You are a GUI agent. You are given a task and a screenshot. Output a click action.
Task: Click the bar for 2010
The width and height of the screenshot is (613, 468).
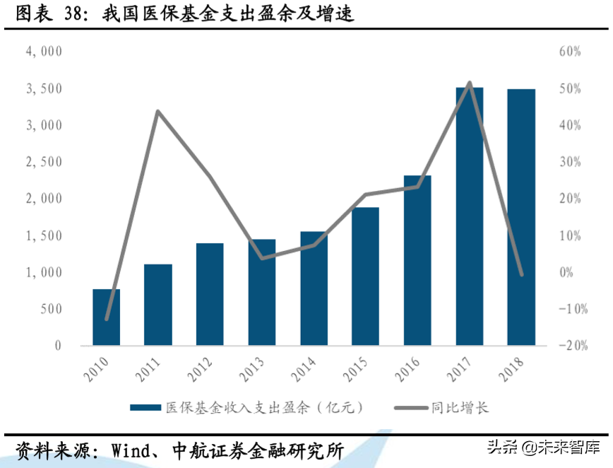(106, 317)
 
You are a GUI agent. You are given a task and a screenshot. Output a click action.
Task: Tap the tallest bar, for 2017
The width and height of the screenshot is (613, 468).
(470, 216)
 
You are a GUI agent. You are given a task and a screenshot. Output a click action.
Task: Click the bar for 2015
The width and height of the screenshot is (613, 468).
(366, 276)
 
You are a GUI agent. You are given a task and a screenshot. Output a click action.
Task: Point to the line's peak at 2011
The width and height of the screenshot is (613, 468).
(157, 112)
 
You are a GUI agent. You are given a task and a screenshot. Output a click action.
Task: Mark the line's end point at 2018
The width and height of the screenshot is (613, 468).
(522, 274)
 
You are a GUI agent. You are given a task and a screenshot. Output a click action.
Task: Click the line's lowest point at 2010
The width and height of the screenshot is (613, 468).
(107, 320)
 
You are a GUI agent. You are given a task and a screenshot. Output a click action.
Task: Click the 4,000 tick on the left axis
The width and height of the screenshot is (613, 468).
(44, 52)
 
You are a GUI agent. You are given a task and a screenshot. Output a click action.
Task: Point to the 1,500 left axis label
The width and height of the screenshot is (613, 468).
(44, 235)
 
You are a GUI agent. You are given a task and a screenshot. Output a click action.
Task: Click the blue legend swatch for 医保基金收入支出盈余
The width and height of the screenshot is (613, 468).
(145, 408)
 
